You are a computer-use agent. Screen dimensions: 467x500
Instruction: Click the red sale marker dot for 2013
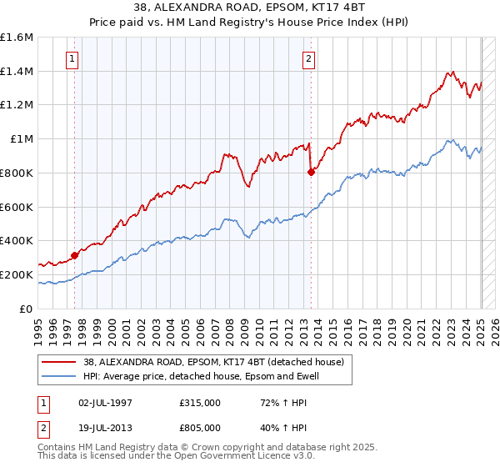[311, 173]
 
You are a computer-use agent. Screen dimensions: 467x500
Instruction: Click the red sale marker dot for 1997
[74, 255]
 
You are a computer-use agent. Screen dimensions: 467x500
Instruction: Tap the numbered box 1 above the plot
[73, 58]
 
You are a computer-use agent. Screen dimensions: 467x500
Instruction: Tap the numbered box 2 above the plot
[309, 58]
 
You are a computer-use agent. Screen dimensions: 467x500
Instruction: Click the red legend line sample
[59, 362]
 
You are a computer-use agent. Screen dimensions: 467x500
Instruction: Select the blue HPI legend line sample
[59, 376]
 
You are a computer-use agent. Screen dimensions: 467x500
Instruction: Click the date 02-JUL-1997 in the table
[106, 403]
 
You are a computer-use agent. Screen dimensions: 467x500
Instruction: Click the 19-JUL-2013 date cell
[106, 429]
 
